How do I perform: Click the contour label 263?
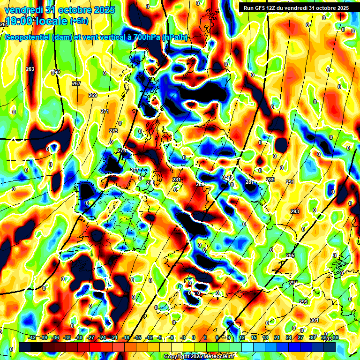30,69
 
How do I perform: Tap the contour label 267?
76,83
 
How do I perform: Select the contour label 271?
105,111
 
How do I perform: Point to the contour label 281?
177,180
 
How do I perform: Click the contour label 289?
270,180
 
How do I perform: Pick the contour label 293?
294,211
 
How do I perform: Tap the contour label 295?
290,255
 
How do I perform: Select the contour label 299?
303,302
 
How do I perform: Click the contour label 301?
314,320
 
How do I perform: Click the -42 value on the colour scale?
32,337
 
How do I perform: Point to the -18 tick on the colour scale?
126,337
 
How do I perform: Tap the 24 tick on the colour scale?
289,337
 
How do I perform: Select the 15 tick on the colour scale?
254,337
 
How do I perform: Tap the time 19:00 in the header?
19,21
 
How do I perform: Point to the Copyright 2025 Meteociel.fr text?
199,356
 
